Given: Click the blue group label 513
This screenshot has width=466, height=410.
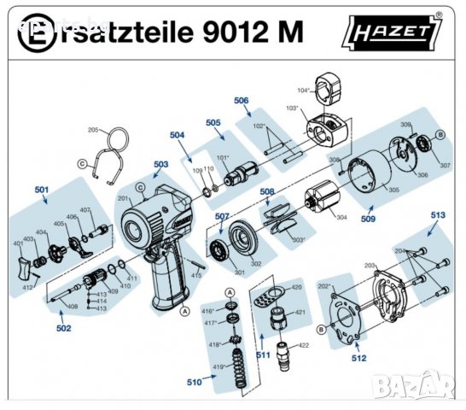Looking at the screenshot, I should click(438, 215).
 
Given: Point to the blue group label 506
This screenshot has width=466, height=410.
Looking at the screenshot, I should click(242, 101).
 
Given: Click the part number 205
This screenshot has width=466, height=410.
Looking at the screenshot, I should click(94, 130).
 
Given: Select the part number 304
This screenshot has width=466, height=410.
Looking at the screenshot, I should click(341, 218).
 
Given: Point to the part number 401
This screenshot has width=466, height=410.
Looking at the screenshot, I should click(19, 243).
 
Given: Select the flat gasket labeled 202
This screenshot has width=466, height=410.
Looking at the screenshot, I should click(341, 312).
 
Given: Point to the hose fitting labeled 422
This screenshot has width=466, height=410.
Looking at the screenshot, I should click(282, 351).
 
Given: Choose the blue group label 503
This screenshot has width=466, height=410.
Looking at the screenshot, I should click(160, 164).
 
